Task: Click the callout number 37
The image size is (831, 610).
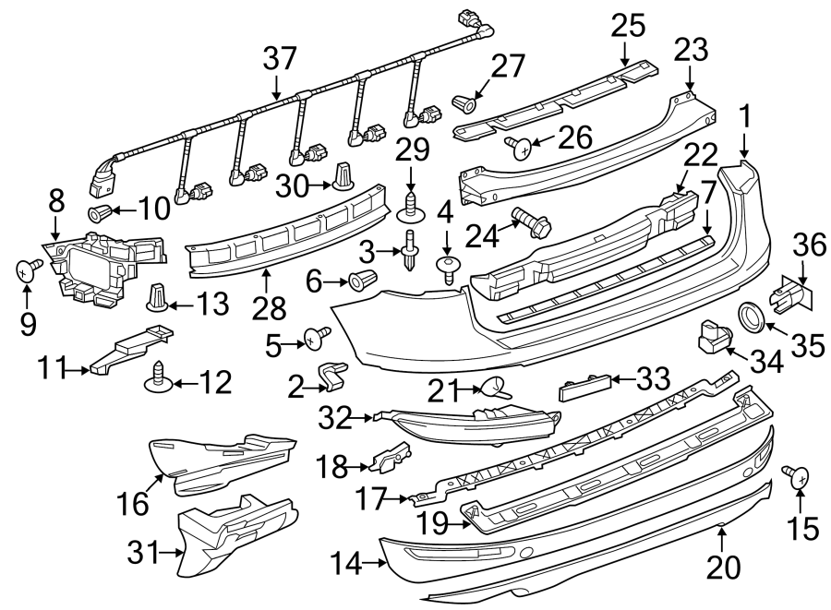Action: (x=280, y=60)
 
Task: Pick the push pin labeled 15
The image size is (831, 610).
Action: (x=798, y=477)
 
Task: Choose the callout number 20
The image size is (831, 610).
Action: (x=725, y=565)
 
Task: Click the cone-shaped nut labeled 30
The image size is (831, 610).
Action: (x=343, y=176)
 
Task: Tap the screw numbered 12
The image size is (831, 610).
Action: (x=158, y=376)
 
